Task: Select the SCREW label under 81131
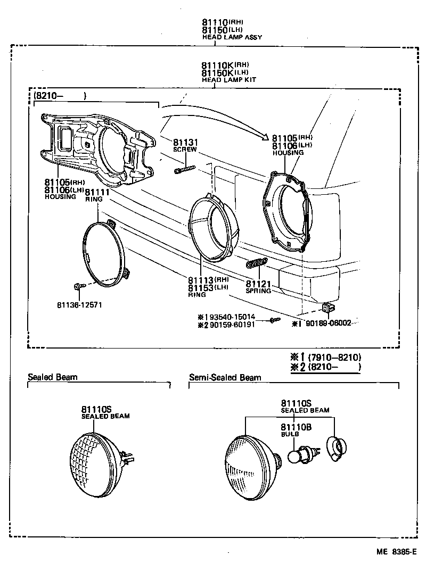tap(185, 150)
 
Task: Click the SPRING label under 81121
tap(258, 291)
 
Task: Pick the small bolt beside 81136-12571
tap(79, 286)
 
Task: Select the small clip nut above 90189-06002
tap(327, 308)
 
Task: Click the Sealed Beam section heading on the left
tap(52, 377)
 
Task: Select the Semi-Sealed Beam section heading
tap(225, 378)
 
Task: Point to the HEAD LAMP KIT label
tap(229, 79)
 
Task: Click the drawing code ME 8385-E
tap(396, 552)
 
